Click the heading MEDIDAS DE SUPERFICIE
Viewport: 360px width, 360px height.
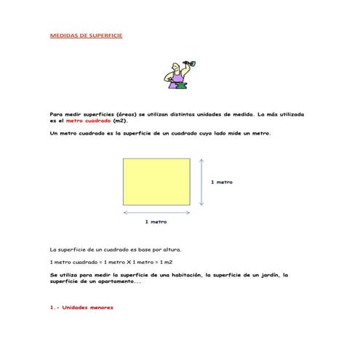click(x=85, y=35)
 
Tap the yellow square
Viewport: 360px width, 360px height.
click(x=156, y=181)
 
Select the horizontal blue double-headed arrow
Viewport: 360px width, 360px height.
click(x=156, y=212)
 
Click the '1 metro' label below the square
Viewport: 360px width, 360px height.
click(x=156, y=221)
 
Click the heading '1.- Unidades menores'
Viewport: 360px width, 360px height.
click(x=81, y=307)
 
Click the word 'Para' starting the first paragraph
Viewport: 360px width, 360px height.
click(x=56, y=115)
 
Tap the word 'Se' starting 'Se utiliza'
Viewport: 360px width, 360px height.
click(x=53, y=275)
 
